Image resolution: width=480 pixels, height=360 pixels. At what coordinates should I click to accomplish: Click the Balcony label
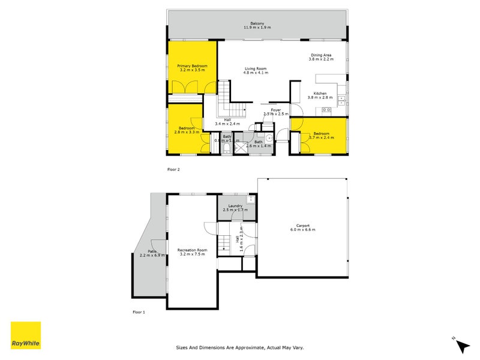(257, 23)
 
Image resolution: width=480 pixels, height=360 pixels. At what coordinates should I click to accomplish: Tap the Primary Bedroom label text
(192, 65)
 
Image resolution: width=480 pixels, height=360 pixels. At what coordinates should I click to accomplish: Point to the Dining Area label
(320, 55)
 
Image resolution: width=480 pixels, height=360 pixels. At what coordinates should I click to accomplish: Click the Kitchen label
(320, 93)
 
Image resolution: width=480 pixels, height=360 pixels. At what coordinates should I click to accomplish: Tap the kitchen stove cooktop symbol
(326, 110)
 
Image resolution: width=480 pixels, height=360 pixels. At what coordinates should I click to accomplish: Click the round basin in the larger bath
(270, 137)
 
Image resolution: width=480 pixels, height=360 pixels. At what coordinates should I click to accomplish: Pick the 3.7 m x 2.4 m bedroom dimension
(320, 138)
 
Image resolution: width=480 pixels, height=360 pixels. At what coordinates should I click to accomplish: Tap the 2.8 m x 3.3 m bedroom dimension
(186, 132)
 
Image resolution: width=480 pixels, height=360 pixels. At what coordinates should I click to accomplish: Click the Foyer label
(275, 110)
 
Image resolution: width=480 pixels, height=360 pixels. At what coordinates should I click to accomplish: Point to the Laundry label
(235, 206)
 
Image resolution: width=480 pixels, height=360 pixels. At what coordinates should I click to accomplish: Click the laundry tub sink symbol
(251, 200)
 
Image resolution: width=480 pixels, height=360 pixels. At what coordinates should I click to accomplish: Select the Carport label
(302, 225)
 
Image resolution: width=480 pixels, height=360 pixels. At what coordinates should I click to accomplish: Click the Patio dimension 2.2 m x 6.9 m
(152, 256)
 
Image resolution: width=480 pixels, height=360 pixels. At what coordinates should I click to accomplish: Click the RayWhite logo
(26, 335)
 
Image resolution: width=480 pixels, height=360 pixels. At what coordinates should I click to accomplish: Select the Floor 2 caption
(173, 170)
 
